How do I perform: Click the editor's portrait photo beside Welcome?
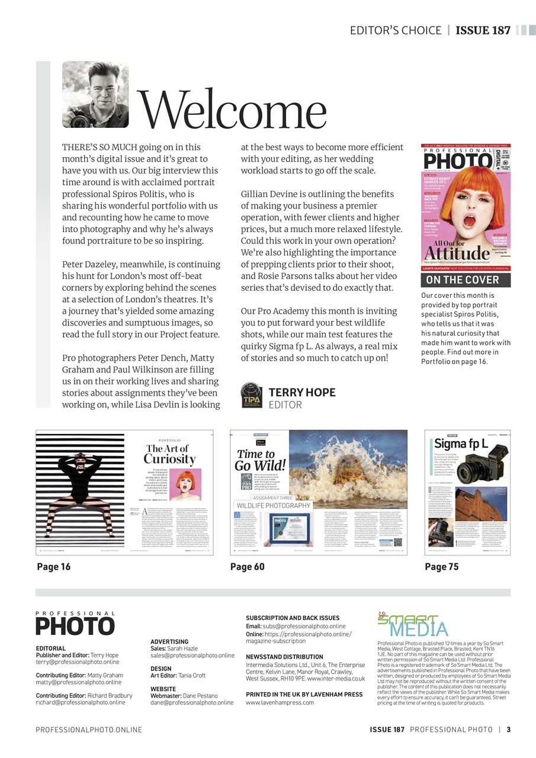[95, 95]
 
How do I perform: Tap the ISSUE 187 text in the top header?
[483, 30]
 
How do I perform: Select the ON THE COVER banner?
[463, 280]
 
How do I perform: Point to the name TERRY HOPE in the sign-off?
[302, 393]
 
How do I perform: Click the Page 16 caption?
[54, 567]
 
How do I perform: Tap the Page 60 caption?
[248, 567]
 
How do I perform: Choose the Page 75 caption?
[442, 567]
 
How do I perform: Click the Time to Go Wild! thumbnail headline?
[261, 460]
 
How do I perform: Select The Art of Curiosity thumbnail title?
[169, 454]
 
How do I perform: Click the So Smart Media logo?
[413, 625]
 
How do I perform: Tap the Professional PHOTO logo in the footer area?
[75, 624]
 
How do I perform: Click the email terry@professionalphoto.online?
[77, 662]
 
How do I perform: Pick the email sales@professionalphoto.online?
[192, 656]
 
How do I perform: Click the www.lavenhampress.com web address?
[280, 702]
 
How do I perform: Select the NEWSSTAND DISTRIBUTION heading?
[284, 657]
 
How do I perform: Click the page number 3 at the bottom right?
[508, 730]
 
